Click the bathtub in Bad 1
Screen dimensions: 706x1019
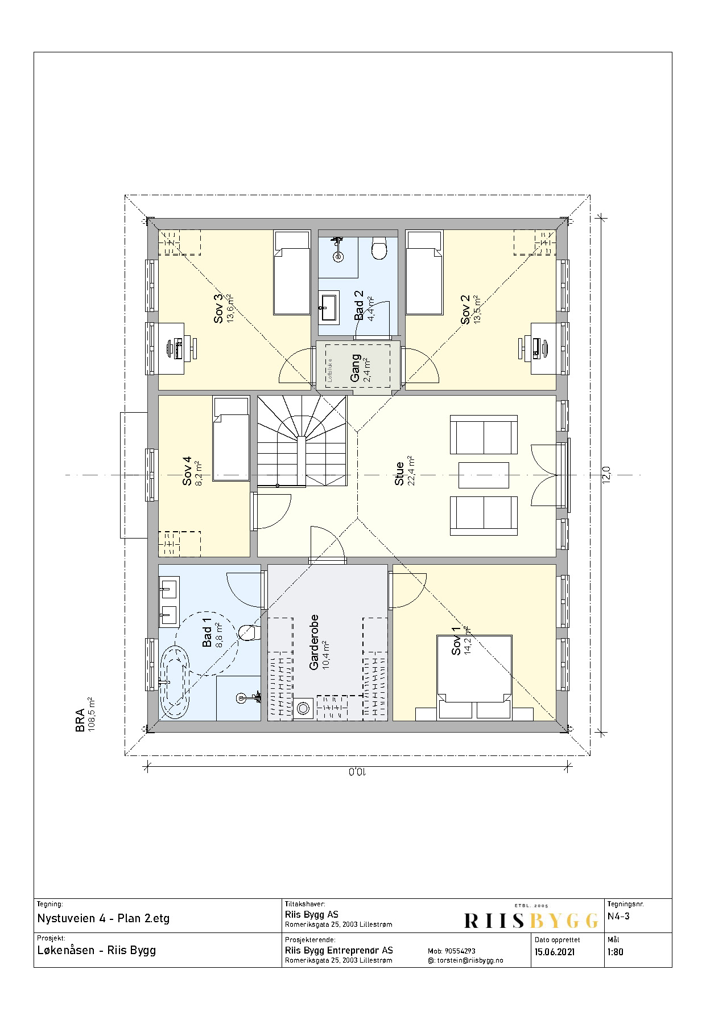coord(176,680)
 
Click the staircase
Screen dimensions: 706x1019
coord(302,441)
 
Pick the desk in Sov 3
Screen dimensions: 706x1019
coord(171,348)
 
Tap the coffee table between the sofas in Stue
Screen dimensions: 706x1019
coord(484,475)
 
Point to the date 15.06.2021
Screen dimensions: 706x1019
coord(555,951)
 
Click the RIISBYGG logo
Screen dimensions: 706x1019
coord(531,918)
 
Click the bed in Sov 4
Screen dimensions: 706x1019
coord(230,439)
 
